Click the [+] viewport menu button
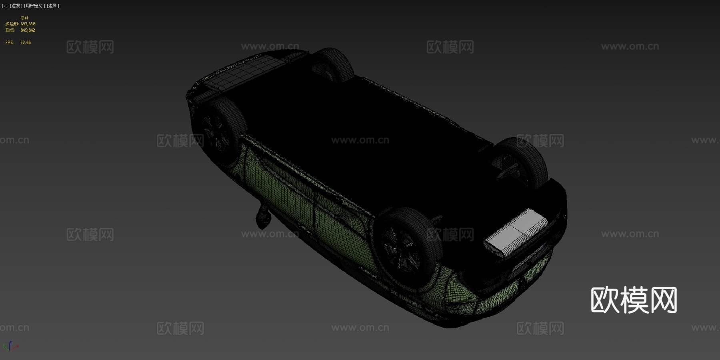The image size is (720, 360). [x=5, y=6]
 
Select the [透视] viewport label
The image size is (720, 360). [x=16, y=6]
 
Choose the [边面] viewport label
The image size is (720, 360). [x=53, y=6]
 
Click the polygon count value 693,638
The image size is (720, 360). [x=28, y=24]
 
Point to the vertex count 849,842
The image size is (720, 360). [x=28, y=30]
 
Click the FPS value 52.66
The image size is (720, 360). [x=26, y=42]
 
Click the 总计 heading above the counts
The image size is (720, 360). [x=25, y=18]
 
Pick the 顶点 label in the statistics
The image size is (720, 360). [x=10, y=30]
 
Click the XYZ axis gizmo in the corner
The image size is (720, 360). [x=10, y=346]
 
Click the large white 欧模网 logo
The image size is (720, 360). [x=634, y=300]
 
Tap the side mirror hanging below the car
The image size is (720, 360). [x=263, y=216]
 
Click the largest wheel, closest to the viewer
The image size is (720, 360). [x=404, y=246]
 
